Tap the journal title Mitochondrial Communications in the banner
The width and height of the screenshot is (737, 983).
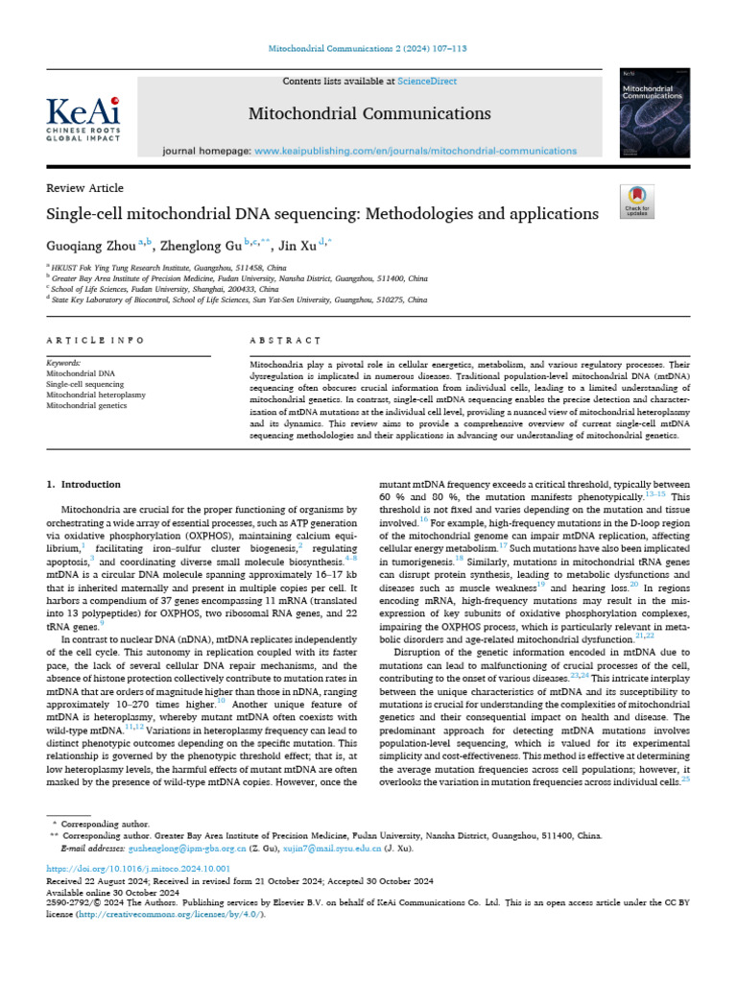(x=369, y=114)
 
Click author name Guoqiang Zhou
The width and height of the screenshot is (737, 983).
(x=91, y=245)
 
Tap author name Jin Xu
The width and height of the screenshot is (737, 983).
(x=301, y=245)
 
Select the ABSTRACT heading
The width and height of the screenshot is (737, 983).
(x=284, y=341)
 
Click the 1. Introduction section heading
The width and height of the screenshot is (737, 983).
(x=83, y=485)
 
